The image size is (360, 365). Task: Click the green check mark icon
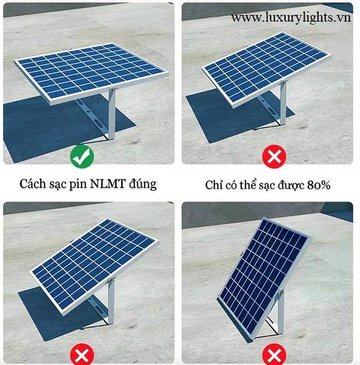(82, 156)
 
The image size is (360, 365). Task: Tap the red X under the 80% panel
(274, 156)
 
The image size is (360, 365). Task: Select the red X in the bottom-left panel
(82, 355)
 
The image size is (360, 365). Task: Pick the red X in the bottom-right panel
(274, 355)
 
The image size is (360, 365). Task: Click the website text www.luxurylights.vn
(291, 17)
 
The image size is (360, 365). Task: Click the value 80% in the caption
(319, 185)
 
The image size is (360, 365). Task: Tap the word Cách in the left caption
(32, 184)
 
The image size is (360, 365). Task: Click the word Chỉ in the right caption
(212, 185)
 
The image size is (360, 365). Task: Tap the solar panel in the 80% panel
(266, 69)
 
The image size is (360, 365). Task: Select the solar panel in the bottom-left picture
(94, 267)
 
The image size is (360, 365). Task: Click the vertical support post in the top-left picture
(112, 114)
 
